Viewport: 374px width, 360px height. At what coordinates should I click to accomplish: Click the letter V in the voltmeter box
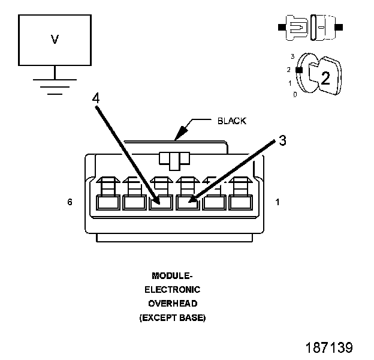(x=55, y=40)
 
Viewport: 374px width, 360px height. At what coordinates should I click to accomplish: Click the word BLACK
(x=231, y=121)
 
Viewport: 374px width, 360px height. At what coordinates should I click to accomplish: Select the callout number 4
(x=96, y=97)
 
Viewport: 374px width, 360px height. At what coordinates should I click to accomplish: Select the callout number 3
(x=282, y=141)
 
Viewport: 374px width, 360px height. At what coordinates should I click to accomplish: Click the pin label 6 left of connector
(x=70, y=203)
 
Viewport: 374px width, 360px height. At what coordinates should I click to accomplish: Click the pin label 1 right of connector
(x=277, y=203)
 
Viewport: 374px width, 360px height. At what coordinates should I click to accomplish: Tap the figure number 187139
(x=329, y=347)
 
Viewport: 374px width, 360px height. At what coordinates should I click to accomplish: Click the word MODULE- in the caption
(x=173, y=276)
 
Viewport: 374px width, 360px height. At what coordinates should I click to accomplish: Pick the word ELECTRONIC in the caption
(x=173, y=290)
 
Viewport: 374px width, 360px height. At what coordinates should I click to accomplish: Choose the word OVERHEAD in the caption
(x=173, y=304)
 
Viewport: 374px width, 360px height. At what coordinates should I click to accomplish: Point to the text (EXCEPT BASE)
(x=173, y=318)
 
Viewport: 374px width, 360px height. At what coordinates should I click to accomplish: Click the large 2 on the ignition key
(x=325, y=78)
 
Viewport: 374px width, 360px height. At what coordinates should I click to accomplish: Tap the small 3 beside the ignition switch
(x=292, y=56)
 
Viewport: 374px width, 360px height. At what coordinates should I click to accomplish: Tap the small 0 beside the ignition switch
(x=295, y=95)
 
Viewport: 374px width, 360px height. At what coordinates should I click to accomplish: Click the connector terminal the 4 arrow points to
(x=160, y=202)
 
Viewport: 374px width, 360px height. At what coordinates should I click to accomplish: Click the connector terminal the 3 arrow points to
(x=188, y=202)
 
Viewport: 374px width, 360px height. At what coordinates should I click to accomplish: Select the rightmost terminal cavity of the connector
(x=240, y=202)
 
